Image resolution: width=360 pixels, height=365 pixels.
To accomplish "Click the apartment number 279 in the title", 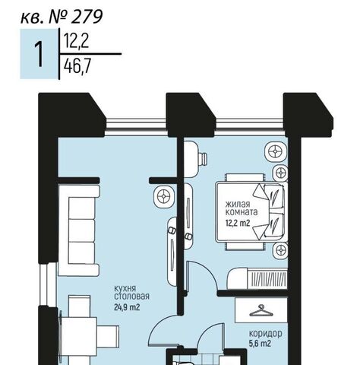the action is pos(87,17).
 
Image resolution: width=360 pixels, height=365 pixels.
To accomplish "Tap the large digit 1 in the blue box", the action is pos(39,55).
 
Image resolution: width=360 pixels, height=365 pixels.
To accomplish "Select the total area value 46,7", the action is pos(77,67).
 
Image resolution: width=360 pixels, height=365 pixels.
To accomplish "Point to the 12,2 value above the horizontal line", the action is pos(76,41).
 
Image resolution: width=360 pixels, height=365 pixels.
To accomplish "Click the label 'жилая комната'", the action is pos(242,208).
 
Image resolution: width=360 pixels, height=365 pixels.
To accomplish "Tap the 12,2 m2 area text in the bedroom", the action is pos(238,223).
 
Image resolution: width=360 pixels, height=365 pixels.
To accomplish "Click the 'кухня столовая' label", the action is pos(131,292).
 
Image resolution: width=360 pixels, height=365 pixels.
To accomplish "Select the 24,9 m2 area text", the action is pos(127,307).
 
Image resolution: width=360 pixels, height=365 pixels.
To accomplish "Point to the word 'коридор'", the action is pos(266,333).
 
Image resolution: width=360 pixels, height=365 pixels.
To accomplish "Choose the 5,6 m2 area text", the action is pos(260,344).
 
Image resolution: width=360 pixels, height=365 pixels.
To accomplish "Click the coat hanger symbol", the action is pos(261,310).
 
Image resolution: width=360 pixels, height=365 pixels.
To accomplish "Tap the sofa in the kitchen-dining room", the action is pos(79,230).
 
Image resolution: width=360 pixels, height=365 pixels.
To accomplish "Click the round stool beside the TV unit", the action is pos(164,196).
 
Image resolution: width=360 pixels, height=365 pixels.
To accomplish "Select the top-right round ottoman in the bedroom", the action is pos(276,152).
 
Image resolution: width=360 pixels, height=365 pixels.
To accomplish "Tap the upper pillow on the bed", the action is pos(273,196).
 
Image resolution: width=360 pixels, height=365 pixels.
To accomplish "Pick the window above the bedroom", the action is pos(249,126).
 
